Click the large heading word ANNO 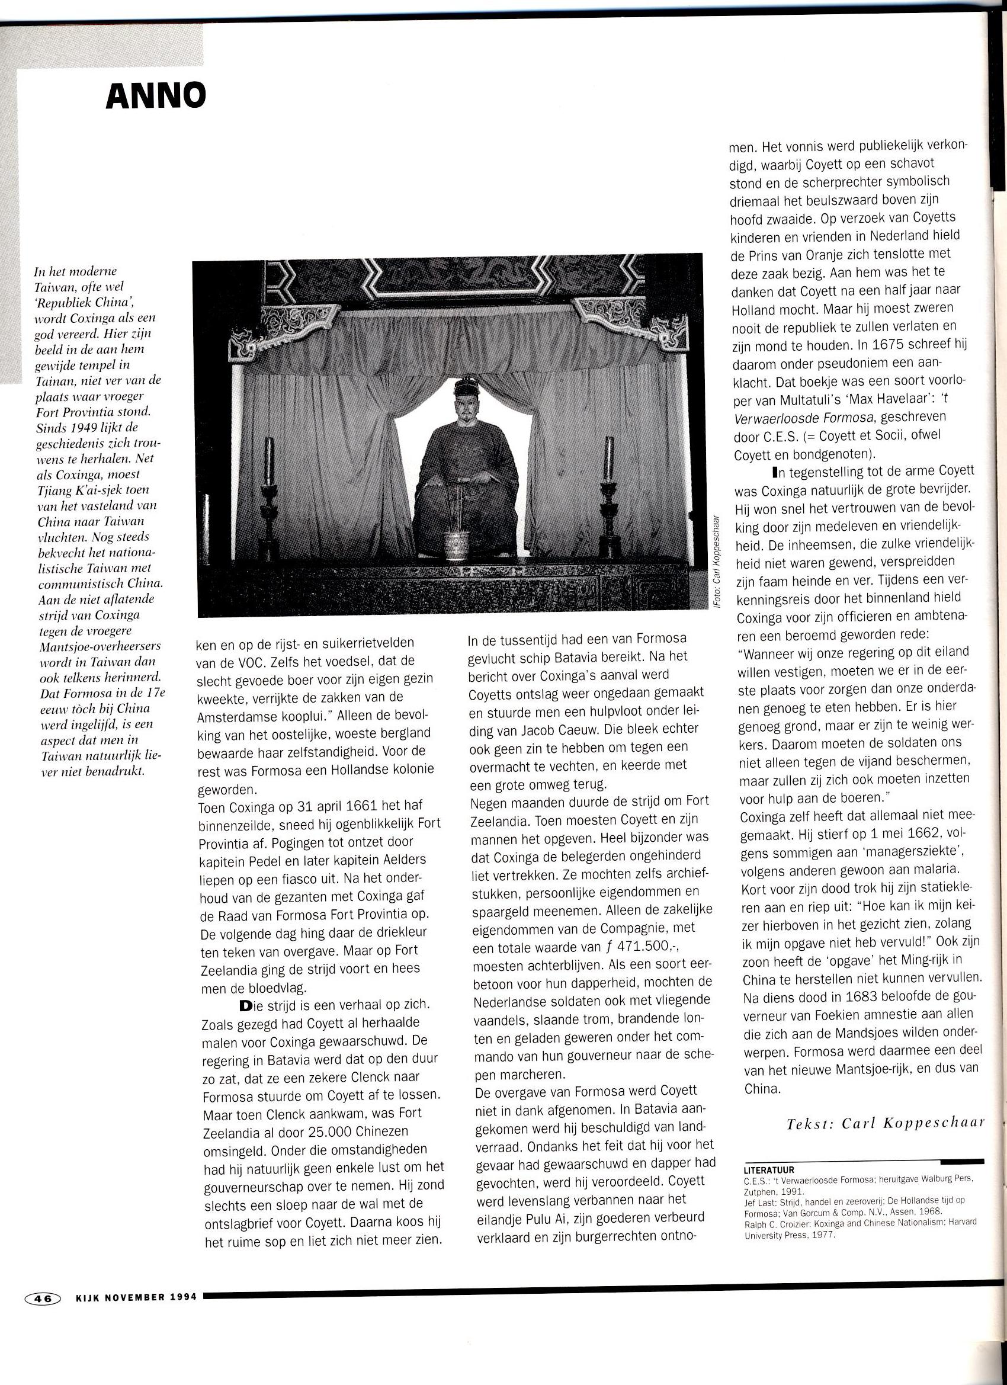[156, 97]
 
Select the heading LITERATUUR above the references [768, 1170]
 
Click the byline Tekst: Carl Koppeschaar [886, 1123]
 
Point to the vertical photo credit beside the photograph [716, 562]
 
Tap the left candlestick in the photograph [269, 501]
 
